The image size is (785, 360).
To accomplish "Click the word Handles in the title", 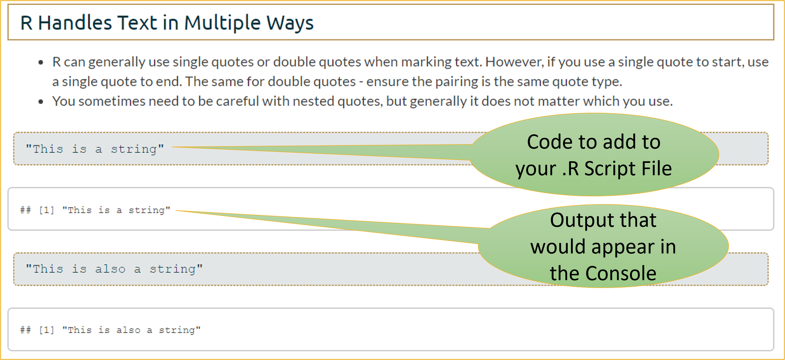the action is (x=75, y=23).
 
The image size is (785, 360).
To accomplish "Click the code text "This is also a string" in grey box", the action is (x=114, y=269).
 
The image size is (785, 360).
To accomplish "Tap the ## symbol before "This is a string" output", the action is (x=26, y=210).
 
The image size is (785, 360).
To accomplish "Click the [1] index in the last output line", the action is (x=46, y=330).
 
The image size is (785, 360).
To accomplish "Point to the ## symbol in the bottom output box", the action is (x=26, y=330).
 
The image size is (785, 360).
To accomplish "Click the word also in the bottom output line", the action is (x=128, y=330).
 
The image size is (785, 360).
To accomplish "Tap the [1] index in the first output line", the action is (x=46, y=210).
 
